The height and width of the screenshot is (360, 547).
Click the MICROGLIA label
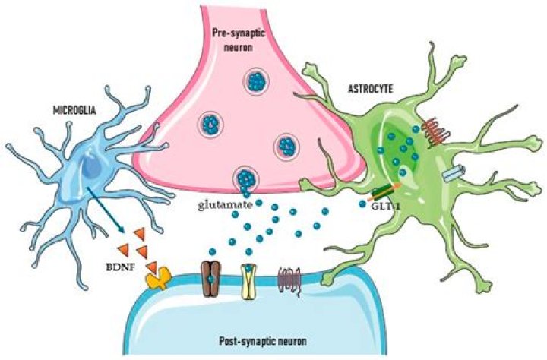pyautogui.click(x=74, y=111)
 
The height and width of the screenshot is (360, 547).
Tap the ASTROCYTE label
pyautogui.click(x=371, y=90)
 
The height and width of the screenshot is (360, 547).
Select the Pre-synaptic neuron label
pyautogui.click(x=239, y=40)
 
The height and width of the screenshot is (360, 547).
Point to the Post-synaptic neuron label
pyautogui.click(x=263, y=341)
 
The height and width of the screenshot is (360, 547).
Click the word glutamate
pyautogui.click(x=226, y=205)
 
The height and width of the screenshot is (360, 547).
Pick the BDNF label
pyautogui.click(x=120, y=268)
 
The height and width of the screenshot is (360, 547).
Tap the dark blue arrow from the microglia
pyautogui.click(x=106, y=210)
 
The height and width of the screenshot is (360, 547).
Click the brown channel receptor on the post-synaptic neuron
pyautogui.click(x=211, y=279)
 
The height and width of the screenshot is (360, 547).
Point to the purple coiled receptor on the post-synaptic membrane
pyautogui.click(x=289, y=281)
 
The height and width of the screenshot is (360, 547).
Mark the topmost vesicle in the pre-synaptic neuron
pyautogui.click(x=257, y=81)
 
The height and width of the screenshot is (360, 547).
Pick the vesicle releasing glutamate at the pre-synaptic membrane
pyautogui.click(x=246, y=178)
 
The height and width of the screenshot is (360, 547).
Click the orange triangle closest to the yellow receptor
pyautogui.click(x=152, y=267)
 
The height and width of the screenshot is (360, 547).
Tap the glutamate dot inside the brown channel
pyautogui.click(x=210, y=279)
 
